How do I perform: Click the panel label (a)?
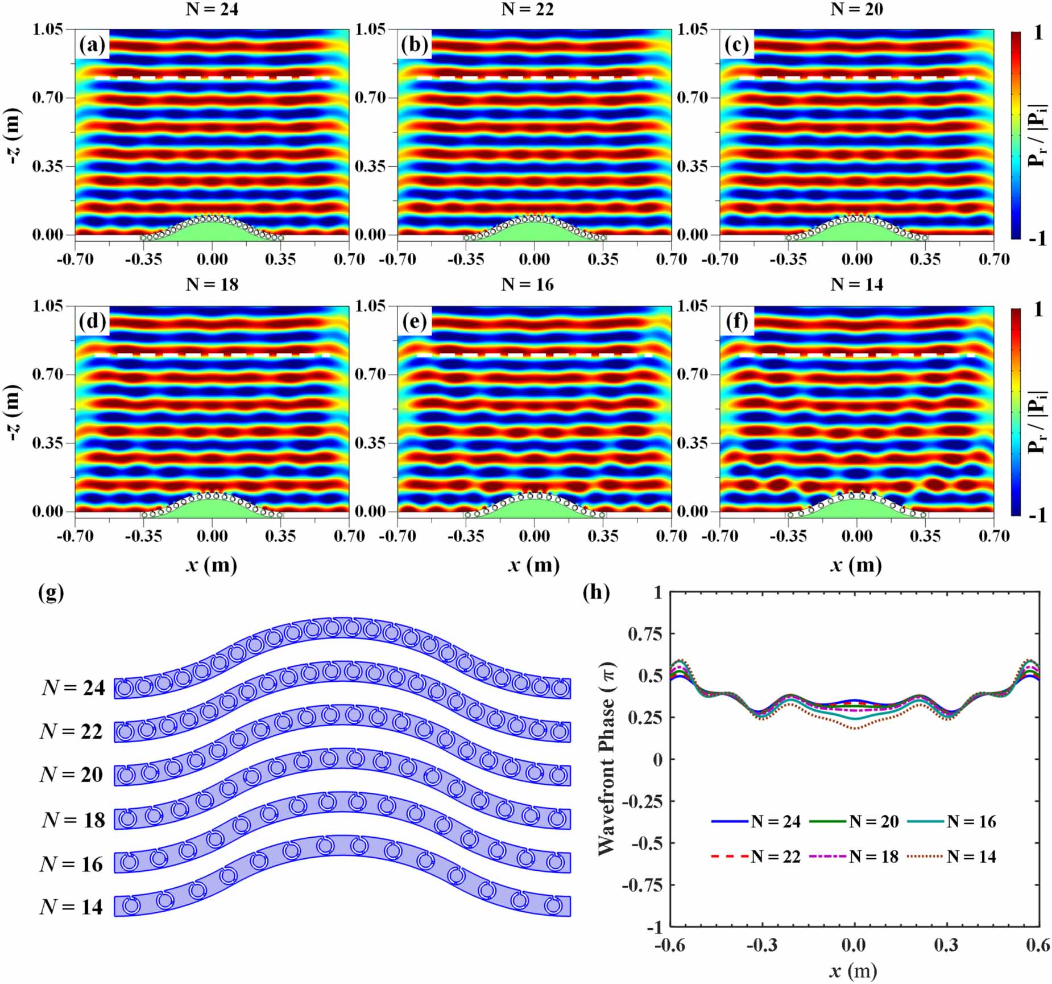click(x=92, y=45)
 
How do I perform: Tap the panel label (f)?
click(x=737, y=322)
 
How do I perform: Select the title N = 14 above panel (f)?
click(x=856, y=284)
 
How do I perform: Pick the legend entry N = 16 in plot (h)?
click(x=971, y=821)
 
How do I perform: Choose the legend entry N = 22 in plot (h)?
click(x=775, y=857)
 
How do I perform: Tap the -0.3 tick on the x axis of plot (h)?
click(x=762, y=945)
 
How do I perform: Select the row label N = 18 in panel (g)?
click(x=73, y=820)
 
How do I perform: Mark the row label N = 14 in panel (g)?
click(x=72, y=907)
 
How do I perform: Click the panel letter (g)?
click(x=51, y=593)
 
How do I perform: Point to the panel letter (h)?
click(x=596, y=593)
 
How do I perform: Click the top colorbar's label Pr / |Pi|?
click(x=1038, y=135)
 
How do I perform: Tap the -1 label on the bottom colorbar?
click(x=1038, y=515)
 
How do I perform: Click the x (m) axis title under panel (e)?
click(x=534, y=565)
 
